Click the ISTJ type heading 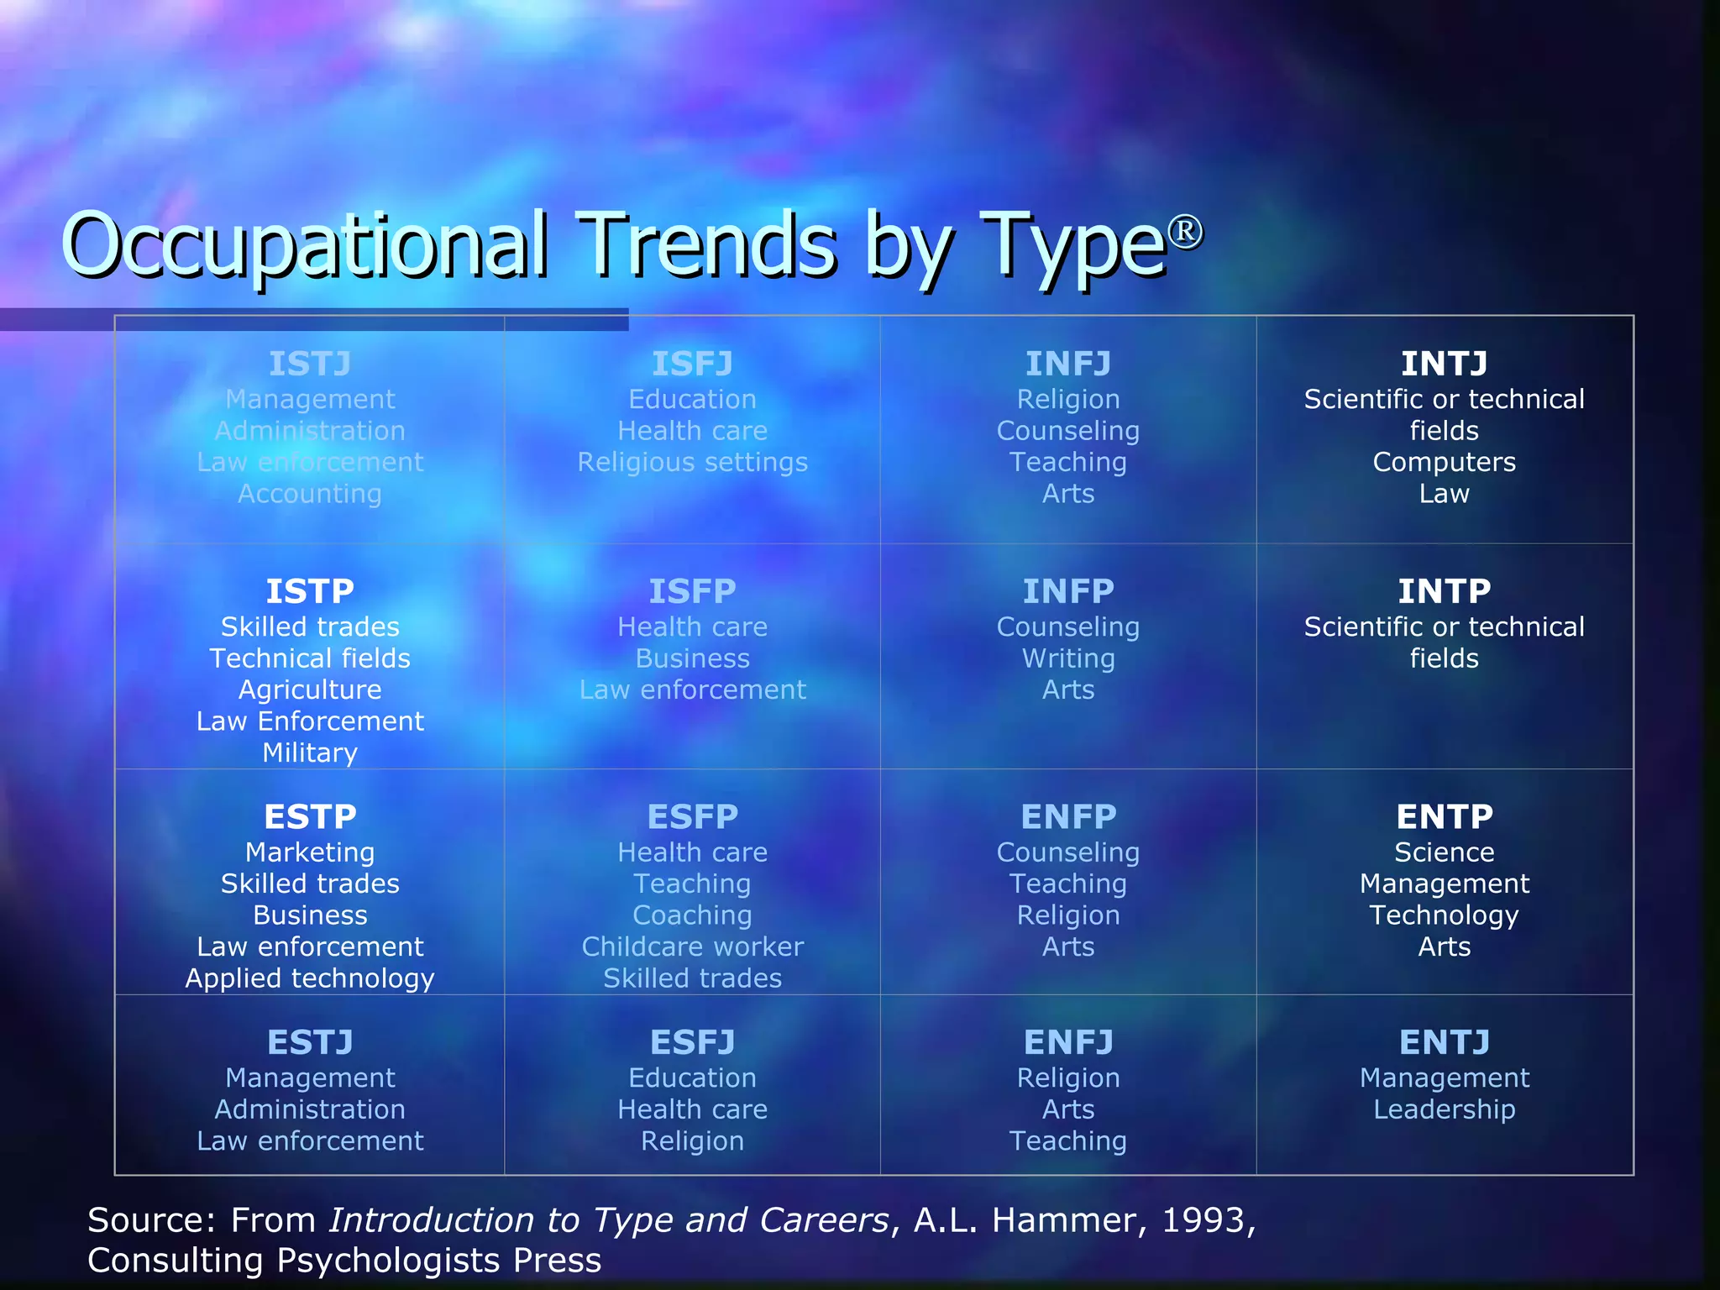point(310,364)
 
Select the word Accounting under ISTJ point(310,494)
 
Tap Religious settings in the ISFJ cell point(692,462)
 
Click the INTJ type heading point(1444,364)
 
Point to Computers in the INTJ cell point(1444,462)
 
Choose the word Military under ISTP point(310,752)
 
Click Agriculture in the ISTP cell point(310,690)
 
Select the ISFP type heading point(692,591)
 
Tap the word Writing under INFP point(1068,658)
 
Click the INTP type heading point(1444,591)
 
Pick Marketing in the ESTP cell point(310,852)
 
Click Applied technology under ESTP point(310,978)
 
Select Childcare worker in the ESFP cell point(692,947)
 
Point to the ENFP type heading point(1068,816)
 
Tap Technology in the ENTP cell point(1444,915)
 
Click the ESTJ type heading point(310,1042)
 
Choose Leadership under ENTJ point(1444,1109)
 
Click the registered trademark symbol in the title point(1185,231)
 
